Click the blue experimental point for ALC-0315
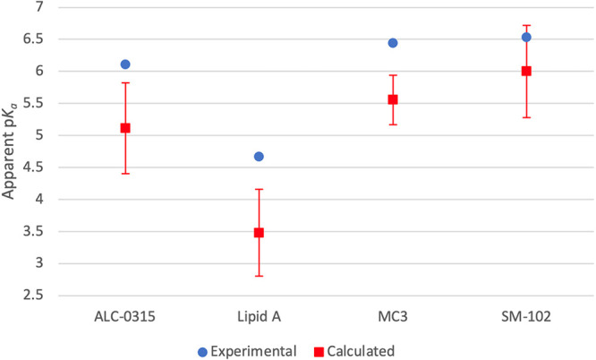pyautogui.click(x=125, y=64)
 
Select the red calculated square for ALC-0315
pyautogui.click(x=125, y=128)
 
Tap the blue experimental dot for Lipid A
pyautogui.click(x=259, y=157)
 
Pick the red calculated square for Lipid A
pyautogui.click(x=259, y=233)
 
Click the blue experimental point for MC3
pyautogui.click(x=393, y=43)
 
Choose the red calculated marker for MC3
pyautogui.click(x=393, y=99)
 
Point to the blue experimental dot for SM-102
pyautogui.click(x=526, y=38)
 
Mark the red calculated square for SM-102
pyautogui.click(x=526, y=71)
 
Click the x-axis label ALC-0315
pyautogui.click(x=125, y=317)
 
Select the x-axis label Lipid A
pyautogui.click(x=259, y=317)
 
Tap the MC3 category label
pyautogui.click(x=393, y=317)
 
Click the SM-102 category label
pyautogui.click(x=526, y=317)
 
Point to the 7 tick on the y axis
pyautogui.click(x=39, y=7)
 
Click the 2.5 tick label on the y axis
pyautogui.click(x=33, y=296)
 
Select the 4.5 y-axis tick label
pyautogui.click(x=33, y=167)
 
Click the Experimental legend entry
pyautogui.click(x=247, y=351)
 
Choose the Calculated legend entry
pyautogui.click(x=354, y=351)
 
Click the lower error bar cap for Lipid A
pyautogui.click(x=259, y=276)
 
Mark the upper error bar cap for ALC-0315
pyautogui.click(x=125, y=82)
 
